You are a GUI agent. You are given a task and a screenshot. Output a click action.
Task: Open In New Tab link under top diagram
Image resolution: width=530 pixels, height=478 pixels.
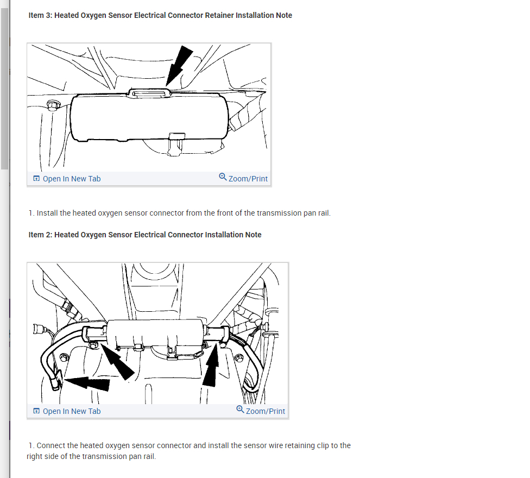(x=71, y=179)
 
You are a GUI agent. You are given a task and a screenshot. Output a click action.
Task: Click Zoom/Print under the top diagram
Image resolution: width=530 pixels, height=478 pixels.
(x=248, y=179)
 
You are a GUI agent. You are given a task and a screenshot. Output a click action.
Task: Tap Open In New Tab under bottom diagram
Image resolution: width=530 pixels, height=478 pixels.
(x=71, y=411)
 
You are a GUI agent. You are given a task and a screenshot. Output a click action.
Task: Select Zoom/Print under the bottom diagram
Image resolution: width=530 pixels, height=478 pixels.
(x=265, y=411)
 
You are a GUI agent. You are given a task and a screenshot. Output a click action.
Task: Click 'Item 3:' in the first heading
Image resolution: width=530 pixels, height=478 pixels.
(x=40, y=15)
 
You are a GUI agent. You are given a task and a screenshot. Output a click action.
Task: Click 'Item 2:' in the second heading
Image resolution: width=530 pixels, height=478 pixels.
(x=40, y=235)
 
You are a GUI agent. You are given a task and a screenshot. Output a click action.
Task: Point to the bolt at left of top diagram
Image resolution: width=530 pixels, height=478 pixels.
(x=53, y=104)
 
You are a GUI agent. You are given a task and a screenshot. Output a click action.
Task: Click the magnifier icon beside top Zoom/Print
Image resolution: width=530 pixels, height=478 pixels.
(x=223, y=177)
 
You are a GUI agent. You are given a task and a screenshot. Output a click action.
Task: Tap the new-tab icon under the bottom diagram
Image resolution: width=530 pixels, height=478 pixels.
(x=36, y=411)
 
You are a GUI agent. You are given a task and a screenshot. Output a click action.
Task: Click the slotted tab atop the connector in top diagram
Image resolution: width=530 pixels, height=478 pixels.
(x=149, y=93)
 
